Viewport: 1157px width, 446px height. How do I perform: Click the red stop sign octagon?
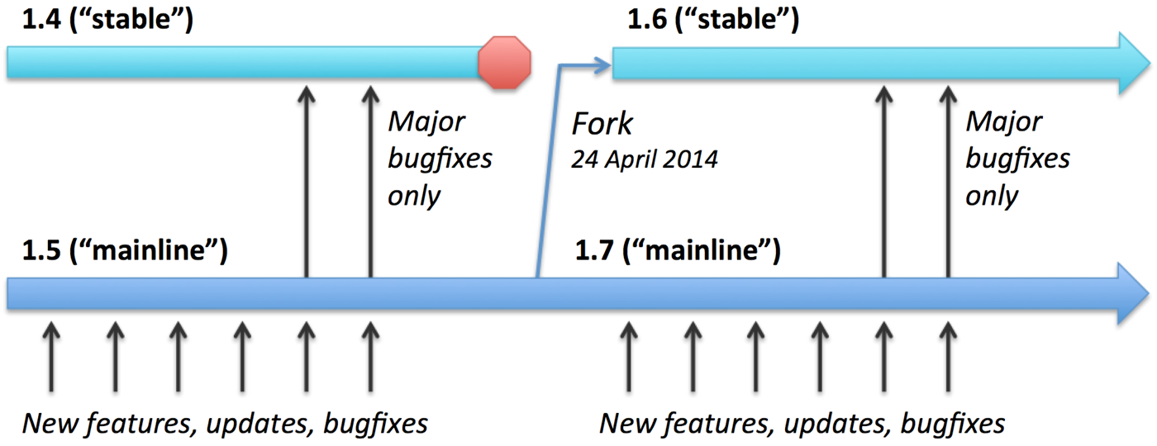[504, 62]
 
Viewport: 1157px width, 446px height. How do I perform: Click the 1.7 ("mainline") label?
[678, 251]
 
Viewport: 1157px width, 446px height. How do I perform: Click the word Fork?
[602, 125]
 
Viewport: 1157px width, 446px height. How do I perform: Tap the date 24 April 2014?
[644, 159]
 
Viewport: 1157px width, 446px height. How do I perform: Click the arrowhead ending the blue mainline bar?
[1134, 293]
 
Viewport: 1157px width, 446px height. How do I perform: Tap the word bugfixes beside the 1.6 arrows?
[1017, 159]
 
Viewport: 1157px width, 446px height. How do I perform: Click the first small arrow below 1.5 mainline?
[51, 347]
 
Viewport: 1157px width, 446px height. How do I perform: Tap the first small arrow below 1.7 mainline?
[630, 347]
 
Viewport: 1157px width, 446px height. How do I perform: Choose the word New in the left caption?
[48, 425]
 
